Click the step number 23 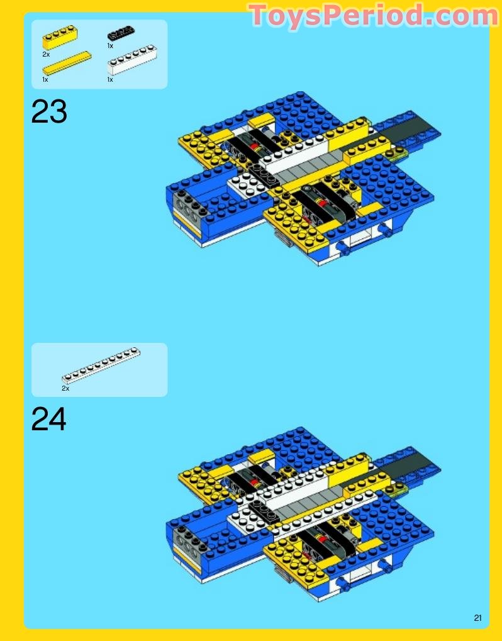(49, 112)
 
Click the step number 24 (49, 420)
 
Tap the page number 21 (478, 618)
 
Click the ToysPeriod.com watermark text (373, 16)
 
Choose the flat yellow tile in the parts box (66, 64)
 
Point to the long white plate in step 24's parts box (101, 365)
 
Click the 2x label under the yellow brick (46, 55)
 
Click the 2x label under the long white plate (65, 389)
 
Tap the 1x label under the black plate (110, 46)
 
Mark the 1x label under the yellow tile (45, 80)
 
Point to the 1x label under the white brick (110, 80)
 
